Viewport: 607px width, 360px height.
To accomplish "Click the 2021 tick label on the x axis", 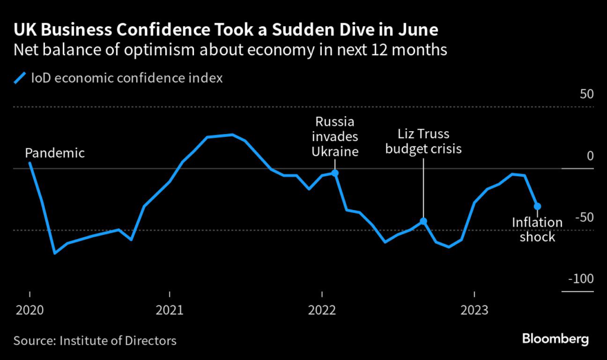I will point(170,310).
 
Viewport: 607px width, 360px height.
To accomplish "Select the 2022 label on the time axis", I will point(321,310).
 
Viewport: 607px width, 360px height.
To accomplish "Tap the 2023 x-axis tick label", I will point(474,310).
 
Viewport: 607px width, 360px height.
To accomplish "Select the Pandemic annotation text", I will point(56,153).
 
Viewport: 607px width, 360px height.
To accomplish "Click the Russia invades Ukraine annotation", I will point(336,136).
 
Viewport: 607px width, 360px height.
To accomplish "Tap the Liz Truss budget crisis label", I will point(423,141).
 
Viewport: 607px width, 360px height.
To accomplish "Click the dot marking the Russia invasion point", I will point(336,173).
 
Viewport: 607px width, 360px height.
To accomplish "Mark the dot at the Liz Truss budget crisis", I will point(423,221).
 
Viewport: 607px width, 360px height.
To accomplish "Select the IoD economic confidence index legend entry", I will point(118,78).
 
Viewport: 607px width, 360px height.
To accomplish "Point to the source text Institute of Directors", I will point(94,340).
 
